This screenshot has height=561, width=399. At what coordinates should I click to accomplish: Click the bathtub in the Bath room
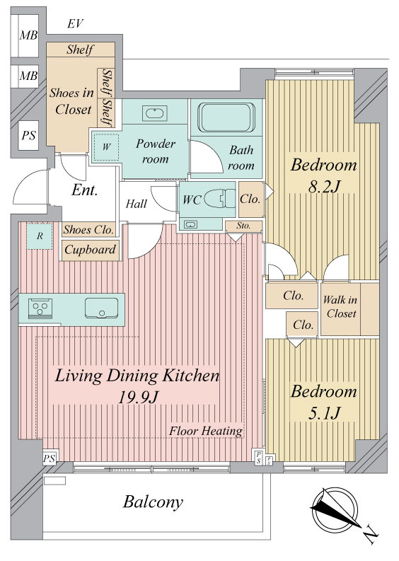point(226,117)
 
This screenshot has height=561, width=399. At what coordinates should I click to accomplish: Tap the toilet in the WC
point(219,199)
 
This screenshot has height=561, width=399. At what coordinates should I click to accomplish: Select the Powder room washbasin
point(155,113)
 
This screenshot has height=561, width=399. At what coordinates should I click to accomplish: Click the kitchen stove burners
point(40,308)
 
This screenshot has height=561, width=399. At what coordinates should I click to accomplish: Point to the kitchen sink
point(101,308)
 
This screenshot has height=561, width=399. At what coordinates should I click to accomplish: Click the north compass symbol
point(335,511)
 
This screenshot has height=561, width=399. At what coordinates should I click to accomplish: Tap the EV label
point(75,24)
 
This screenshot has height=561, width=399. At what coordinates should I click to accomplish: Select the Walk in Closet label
point(340,306)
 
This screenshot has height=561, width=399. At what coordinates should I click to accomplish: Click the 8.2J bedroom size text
point(323,186)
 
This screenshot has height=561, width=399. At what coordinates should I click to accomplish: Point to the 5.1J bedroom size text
point(323,413)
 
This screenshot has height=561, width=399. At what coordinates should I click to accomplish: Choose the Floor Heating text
point(206,431)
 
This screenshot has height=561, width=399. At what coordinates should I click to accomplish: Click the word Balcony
point(153,502)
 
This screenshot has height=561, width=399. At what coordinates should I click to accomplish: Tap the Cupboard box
point(90,250)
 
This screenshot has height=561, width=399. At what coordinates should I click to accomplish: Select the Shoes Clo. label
point(88,229)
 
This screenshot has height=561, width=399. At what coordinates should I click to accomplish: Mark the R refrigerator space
point(40,236)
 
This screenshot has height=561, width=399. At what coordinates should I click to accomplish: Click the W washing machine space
point(106,147)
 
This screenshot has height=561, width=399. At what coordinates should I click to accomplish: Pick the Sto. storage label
point(243,226)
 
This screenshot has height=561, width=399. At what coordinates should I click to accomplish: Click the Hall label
point(137,204)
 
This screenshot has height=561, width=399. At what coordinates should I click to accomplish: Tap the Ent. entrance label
point(85,190)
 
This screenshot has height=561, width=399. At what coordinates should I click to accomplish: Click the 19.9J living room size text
point(138,397)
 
